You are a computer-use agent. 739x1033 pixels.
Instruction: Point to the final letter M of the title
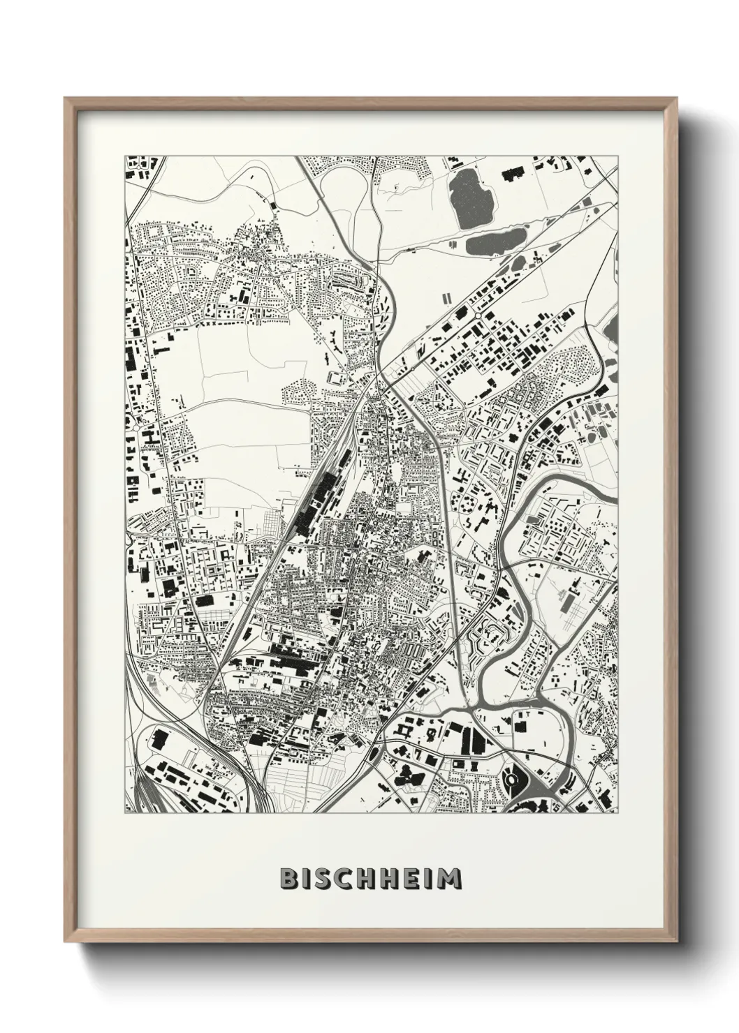pos(449,878)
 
